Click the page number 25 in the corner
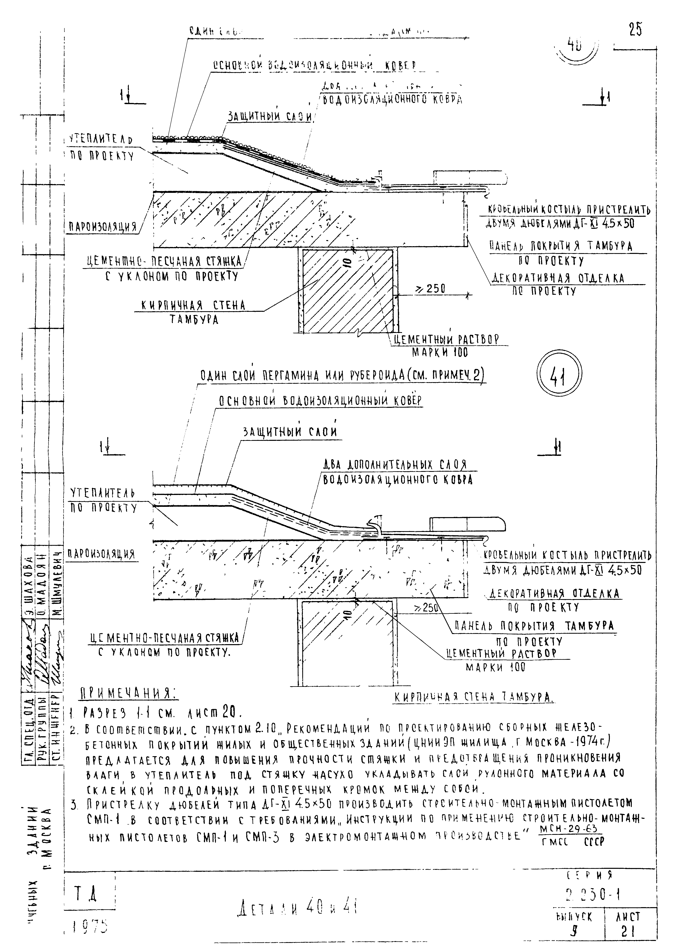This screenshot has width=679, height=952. pyautogui.click(x=635, y=30)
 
